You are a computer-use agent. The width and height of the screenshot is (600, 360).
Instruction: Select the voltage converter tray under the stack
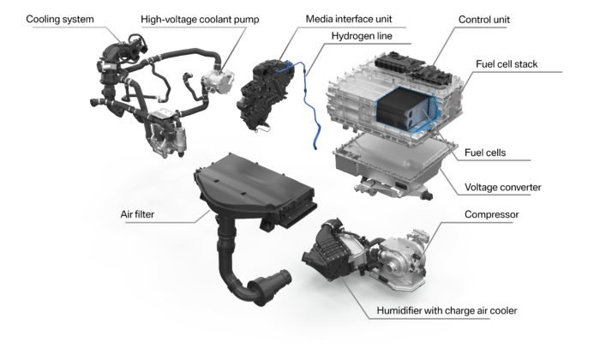[x=390, y=163]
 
